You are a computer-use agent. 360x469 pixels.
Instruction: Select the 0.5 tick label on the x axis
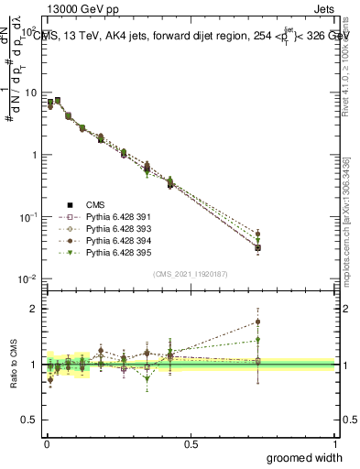(191, 443)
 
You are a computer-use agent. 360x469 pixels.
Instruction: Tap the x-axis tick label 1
(335, 443)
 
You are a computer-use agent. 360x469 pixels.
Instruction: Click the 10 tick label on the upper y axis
(29, 93)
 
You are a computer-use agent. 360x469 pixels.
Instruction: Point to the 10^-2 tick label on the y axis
(27, 278)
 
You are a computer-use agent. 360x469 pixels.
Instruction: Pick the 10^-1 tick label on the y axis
(27, 217)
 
